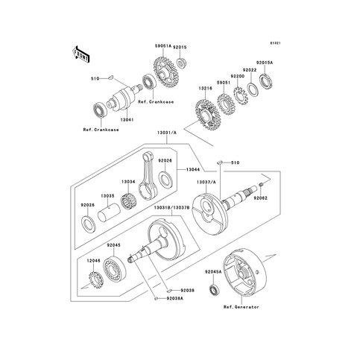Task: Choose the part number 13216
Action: click(205, 87)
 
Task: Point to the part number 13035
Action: click(107, 196)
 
